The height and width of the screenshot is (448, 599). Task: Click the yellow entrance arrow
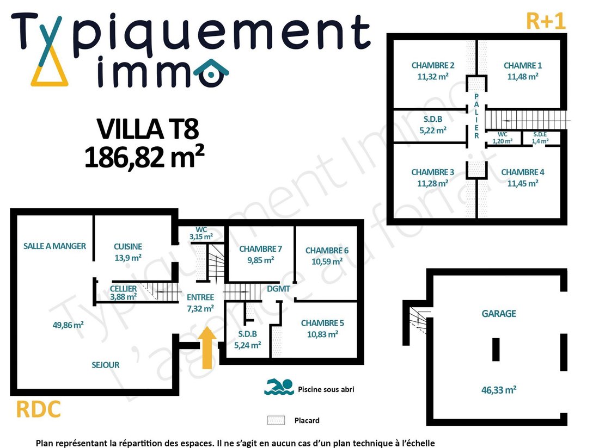[x=207, y=348]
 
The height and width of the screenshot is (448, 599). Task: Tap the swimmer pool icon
[x=279, y=387]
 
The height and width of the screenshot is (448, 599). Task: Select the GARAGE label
[x=498, y=313]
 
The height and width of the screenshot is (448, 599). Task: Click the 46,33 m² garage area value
[x=498, y=390]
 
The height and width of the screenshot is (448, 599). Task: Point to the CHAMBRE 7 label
[x=260, y=249]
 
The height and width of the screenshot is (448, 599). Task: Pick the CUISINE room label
[x=128, y=247]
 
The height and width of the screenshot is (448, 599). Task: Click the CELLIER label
[x=123, y=289]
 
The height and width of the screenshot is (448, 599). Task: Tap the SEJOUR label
[x=106, y=365]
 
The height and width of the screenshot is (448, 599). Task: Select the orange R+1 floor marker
[x=546, y=21]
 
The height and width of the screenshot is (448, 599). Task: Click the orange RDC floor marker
[x=38, y=409]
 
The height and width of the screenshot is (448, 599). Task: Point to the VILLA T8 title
[x=148, y=129]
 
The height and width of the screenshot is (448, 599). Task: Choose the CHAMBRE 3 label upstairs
[x=432, y=172]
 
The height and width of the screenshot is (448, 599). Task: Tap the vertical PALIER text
[x=476, y=116]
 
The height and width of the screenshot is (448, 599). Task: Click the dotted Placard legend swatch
[x=276, y=420]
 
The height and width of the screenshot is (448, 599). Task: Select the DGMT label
[x=278, y=289]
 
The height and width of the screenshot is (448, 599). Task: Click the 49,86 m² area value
[x=68, y=325]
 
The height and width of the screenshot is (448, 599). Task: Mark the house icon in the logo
[x=211, y=73]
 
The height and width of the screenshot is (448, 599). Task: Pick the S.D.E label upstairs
[x=540, y=134]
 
